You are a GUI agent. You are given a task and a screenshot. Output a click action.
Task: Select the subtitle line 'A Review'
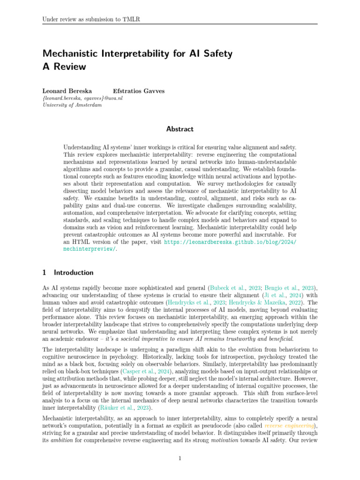(x=64, y=67)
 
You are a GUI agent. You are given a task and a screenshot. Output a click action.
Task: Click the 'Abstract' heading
(x=180, y=129)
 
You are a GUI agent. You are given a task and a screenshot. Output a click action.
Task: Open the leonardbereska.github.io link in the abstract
(x=230, y=242)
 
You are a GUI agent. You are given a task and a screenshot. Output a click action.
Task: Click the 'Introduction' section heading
(x=74, y=272)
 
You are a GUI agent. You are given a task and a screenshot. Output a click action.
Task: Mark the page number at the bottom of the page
(x=180, y=458)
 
